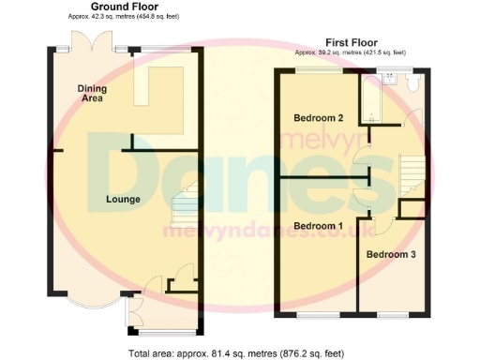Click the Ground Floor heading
click(125, 7)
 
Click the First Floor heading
click(352, 42)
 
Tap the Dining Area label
click(92, 91)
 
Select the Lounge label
click(123, 199)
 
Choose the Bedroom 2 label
click(318, 118)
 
